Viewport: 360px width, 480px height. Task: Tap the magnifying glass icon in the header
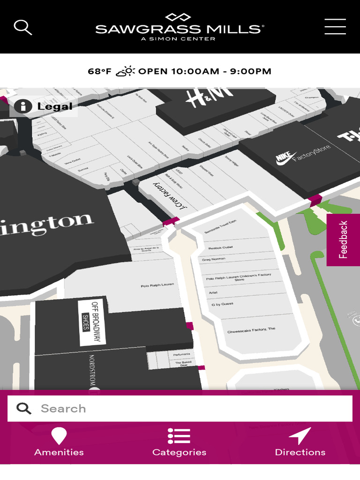click(x=22, y=27)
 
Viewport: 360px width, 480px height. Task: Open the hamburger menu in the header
click(x=335, y=27)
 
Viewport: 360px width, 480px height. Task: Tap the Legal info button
click(x=44, y=106)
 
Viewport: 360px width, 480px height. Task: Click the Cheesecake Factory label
click(x=251, y=330)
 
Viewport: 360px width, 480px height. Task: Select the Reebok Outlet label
click(x=220, y=247)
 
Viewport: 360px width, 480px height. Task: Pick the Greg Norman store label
click(x=214, y=259)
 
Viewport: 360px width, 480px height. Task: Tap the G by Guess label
click(x=223, y=305)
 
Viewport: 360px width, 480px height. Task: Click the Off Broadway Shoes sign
click(x=92, y=322)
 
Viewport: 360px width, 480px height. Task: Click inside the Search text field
click(x=187, y=408)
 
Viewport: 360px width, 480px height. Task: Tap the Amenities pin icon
click(x=59, y=436)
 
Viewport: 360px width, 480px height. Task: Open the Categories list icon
click(x=179, y=436)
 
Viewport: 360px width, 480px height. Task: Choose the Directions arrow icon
click(x=300, y=436)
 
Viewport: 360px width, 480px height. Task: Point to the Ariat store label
click(x=213, y=293)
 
